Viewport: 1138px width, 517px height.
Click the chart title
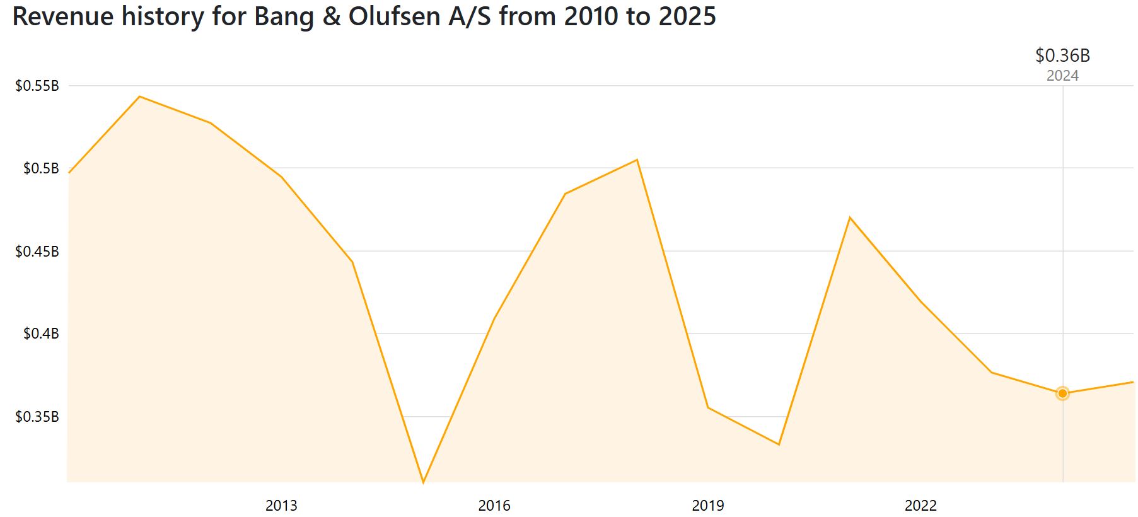364,16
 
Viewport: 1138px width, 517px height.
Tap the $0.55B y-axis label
37,86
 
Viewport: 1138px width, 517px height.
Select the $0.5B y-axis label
41,168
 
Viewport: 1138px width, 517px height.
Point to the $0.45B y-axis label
37,252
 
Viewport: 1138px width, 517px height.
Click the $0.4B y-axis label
41,334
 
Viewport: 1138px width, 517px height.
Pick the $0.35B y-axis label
37,417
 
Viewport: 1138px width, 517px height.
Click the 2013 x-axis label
281,505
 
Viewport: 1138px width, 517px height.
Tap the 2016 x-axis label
494,505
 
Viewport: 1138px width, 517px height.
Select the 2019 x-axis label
708,505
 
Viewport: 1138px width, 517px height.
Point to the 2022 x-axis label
921,505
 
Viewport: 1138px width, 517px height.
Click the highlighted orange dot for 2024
1062,393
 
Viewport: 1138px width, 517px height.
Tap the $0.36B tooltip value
1062,55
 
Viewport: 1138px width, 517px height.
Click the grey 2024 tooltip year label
1062,76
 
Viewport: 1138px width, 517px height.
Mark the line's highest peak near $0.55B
139,96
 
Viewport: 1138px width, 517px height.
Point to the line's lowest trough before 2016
423,482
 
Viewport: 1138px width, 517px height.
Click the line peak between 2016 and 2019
637,160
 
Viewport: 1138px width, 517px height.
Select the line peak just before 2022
850,218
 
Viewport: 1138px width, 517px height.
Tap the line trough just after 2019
779,444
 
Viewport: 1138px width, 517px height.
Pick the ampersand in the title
330,16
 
